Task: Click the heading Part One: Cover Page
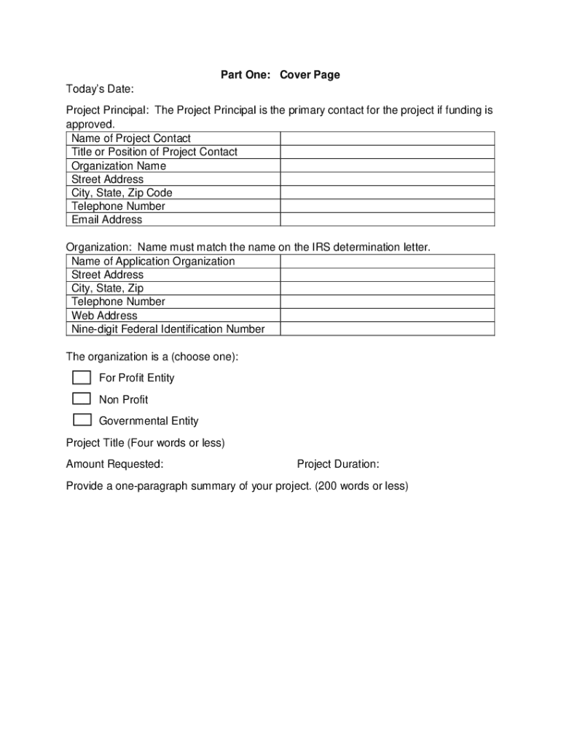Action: pos(280,75)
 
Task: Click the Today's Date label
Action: pos(100,89)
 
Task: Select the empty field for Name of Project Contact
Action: pos(388,138)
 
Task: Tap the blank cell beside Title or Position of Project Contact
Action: pos(388,152)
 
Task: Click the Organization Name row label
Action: pos(119,165)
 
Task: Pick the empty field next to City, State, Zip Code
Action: pos(388,192)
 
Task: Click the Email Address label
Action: pos(107,219)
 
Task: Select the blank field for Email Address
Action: pos(388,219)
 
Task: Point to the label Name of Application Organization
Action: pos(153,261)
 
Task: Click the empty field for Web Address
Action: pos(388,315)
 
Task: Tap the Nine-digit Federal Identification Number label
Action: pos(168,329)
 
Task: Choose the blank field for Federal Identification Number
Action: pos(388,329)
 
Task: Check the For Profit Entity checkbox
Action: pos(82,377)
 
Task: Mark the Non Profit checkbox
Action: pos(82,398)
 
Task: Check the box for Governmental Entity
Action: pos(82,420)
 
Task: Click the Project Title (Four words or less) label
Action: pos(146,443)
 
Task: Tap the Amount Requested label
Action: pos(114,464)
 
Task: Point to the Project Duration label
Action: pos(338,464)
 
